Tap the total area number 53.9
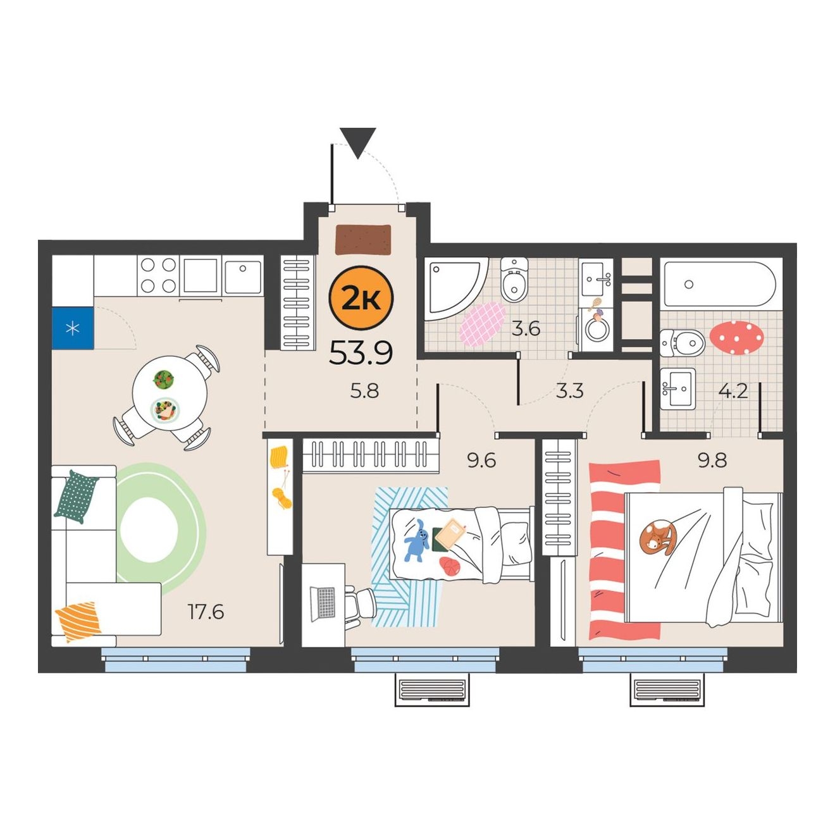(361, 352)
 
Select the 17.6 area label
(206, 612)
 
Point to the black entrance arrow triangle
(357, 143)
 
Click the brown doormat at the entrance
(363, 240)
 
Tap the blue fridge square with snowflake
(72, 328)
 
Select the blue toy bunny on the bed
(417, 540)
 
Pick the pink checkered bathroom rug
(482, 324)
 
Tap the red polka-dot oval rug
(736, 338)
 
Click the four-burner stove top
(158, 275)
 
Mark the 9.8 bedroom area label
(712, 461)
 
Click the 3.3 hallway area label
(569, 391)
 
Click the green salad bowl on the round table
(163, 379)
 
